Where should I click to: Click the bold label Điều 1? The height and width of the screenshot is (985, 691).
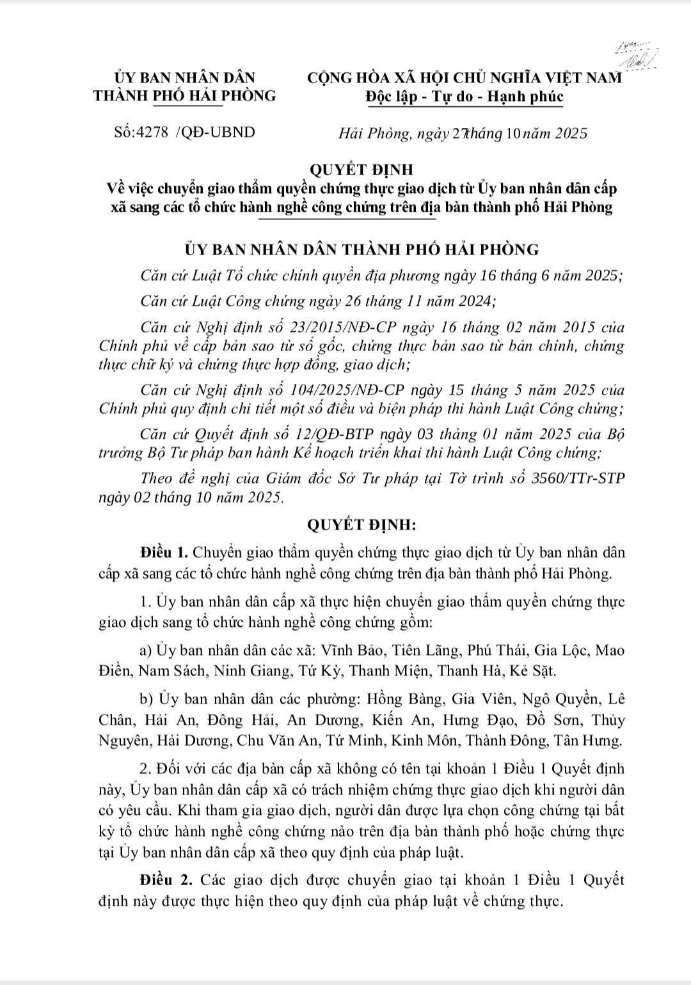click(164, 552)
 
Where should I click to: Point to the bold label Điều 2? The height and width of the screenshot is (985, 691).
click(164, 879)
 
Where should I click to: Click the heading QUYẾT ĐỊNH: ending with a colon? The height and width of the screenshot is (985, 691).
click(362, 525)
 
